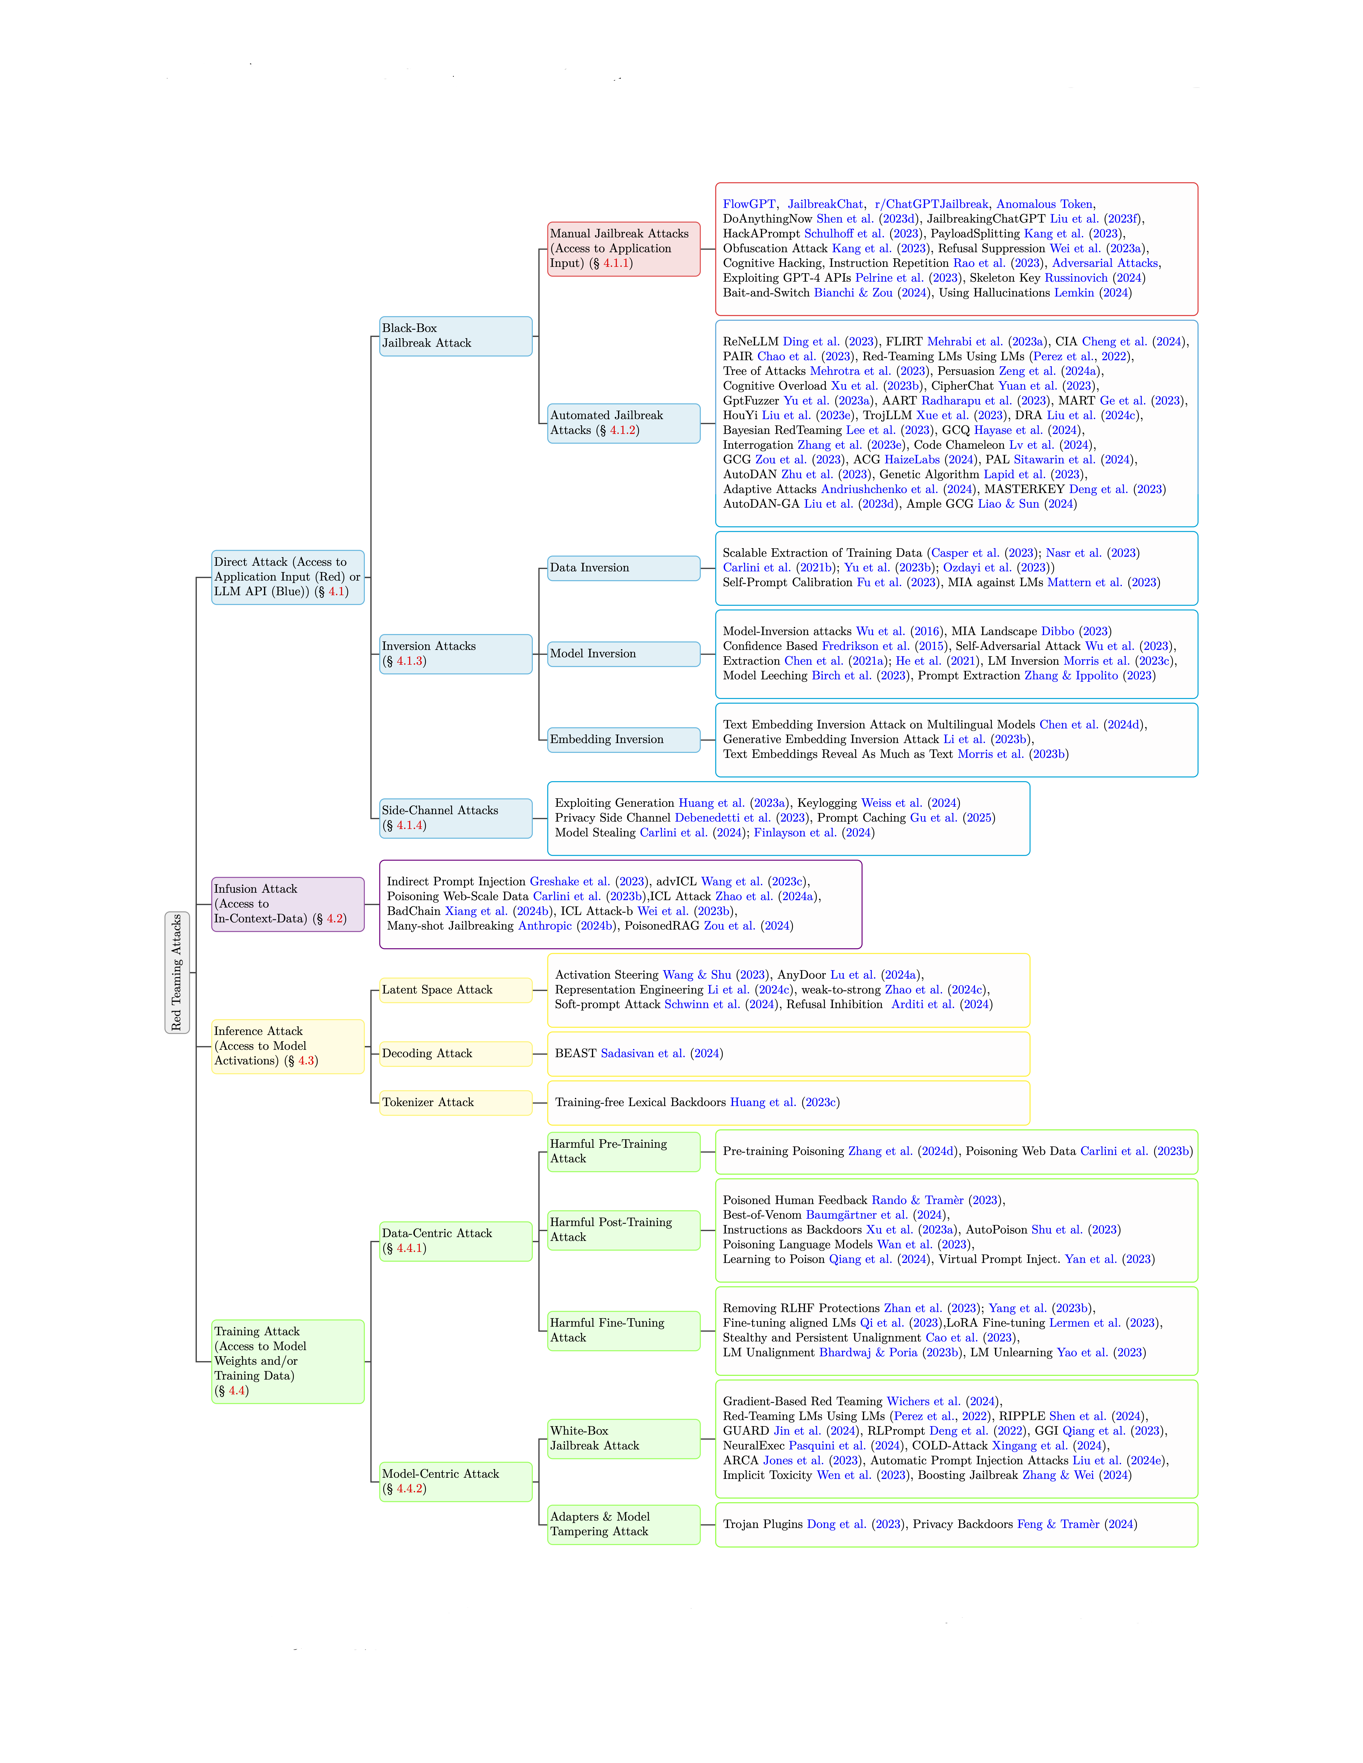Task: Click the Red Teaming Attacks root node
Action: click(x=177, y=972)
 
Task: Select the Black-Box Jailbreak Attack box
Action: click(x=455, y=336)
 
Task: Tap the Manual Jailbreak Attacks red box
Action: click(x=623, y=249)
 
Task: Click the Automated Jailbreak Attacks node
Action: click(x=623, y=423)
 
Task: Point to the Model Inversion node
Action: click(x=623, y=654)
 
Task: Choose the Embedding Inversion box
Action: click(x=623, y=739)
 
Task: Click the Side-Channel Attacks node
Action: click(x=455, y=818)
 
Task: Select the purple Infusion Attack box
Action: click(x=287, y=904)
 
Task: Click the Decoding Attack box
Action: click(x=455, y=1053)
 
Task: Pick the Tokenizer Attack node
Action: click(x=455, y=1103)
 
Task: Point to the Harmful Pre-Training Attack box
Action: click(x=623, y=1151)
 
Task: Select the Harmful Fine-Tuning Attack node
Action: click(x=623, y=1330)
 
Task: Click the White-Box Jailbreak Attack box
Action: click(x=623, y=1438)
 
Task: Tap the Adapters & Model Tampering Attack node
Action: click(x=623, y=1524)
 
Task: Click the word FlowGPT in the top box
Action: click(x=748, y=204)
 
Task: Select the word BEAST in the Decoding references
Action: click(x=576, y=1053)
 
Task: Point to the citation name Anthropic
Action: click(x=545, y=926)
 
